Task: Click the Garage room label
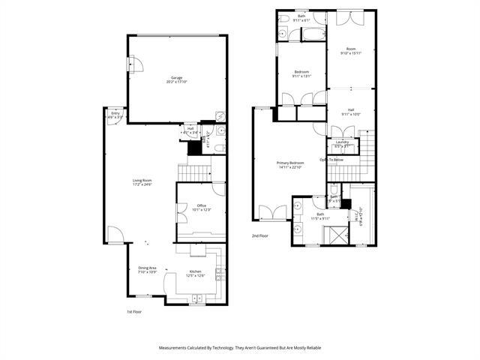click(177, 77)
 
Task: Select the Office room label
click(202, 205)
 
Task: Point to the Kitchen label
click(195, 271)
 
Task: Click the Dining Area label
click(147, 268)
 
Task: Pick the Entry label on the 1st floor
click(115, 113)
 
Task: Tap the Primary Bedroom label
click(290, 163)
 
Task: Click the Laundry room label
click(342, 142)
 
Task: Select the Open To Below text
click(331, 160)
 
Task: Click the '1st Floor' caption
click(134, 311)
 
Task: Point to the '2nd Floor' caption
click(260, 236)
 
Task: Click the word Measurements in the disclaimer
click(175, 348)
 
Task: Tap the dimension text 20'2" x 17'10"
click(177, 82)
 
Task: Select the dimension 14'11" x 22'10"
click(290, 167)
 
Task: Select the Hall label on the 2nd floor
click(351, 109)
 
